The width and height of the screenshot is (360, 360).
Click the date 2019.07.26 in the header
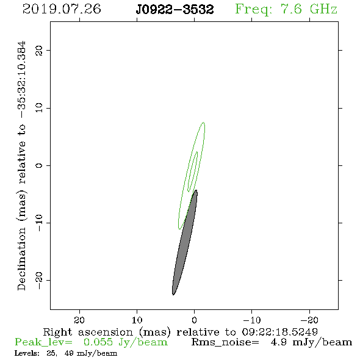(x=62, y=9)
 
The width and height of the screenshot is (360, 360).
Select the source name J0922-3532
(x=175, y=10)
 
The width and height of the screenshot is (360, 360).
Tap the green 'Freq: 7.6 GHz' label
(x=286, y=10)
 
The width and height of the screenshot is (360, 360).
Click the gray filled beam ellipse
(x=185, y=242)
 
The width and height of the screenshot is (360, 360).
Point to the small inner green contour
(x=193, y=171)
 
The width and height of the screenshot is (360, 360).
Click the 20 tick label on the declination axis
(x=39, y=50)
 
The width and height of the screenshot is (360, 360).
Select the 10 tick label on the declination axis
(x=39, y=108)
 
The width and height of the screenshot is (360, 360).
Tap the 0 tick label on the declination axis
(x=39, y=165)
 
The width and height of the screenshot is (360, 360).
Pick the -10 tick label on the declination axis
(x=39, y=223)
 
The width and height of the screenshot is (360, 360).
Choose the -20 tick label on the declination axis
(x=39, y=280)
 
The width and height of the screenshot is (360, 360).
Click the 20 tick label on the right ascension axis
(x=79, y=320)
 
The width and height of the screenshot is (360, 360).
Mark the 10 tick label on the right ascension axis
(x=137, y=320)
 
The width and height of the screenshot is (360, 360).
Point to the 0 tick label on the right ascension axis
(x=194, y=320)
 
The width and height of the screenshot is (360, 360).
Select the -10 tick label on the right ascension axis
(x=252, y=320)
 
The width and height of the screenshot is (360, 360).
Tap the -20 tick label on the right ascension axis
(x=309, y=320)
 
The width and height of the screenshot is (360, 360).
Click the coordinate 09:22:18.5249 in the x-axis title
(x=279, y=332)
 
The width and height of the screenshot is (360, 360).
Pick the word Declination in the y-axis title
(x=21, y=259)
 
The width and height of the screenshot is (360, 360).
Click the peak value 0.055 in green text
(x=98, y=342)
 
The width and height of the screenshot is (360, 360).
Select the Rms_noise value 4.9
(x=278, y=342)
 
